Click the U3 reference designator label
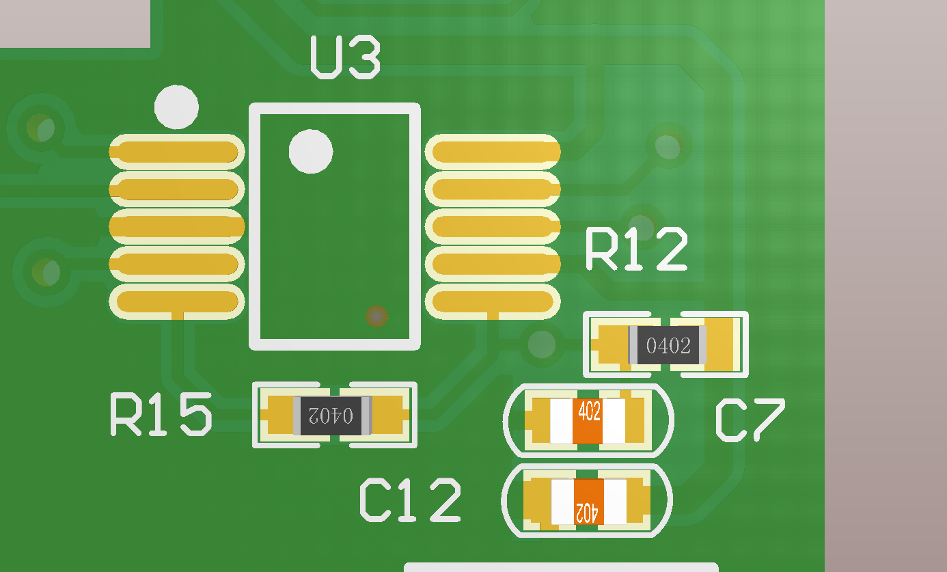(346, 57)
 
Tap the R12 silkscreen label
(637, 249)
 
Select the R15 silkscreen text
(161, 414)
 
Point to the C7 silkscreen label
(750, 421)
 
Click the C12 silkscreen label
(410, 500)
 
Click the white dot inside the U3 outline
(311, 151)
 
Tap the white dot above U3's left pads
(176, 107)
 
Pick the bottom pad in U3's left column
(177, 302)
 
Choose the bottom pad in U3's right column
(493, 302)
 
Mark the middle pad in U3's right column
(493, 227)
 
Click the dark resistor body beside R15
(333, 416)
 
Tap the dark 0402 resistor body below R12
(668, 345)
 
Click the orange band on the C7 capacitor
(588, 421)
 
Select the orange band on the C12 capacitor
(588, 502)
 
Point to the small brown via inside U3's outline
(376, 316)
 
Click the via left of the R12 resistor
(542, 344)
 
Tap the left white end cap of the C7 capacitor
(562, 421)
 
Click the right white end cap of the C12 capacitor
(615, 502)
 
